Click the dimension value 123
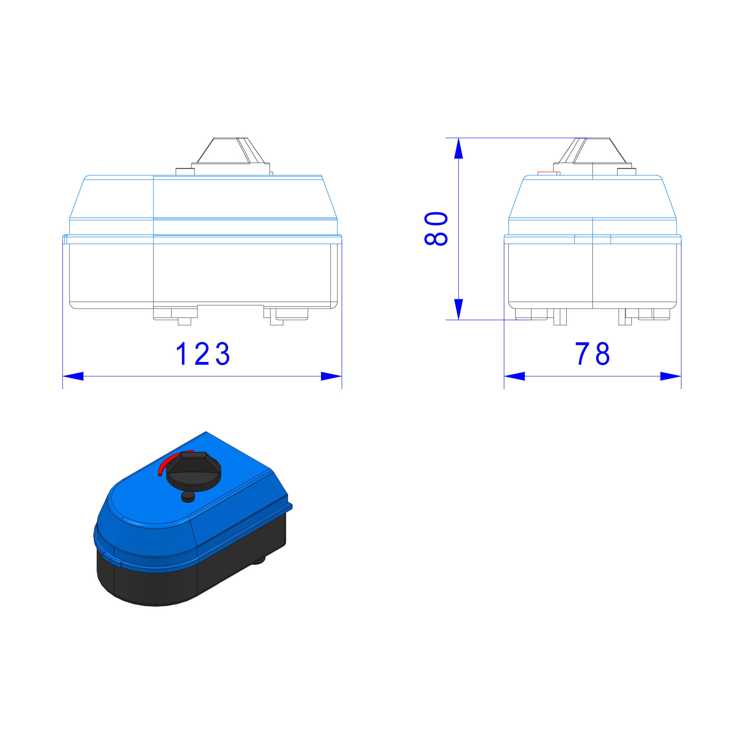(203, 354)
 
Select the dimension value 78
(592, 354)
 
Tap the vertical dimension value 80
(436, 228)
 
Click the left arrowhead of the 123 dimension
(73, 376)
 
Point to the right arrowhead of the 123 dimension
(331, 376)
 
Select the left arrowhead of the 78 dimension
(514, 376)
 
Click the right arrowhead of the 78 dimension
(671, 376)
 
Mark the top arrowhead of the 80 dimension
(458, 148)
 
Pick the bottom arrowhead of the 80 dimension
(458, 309)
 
